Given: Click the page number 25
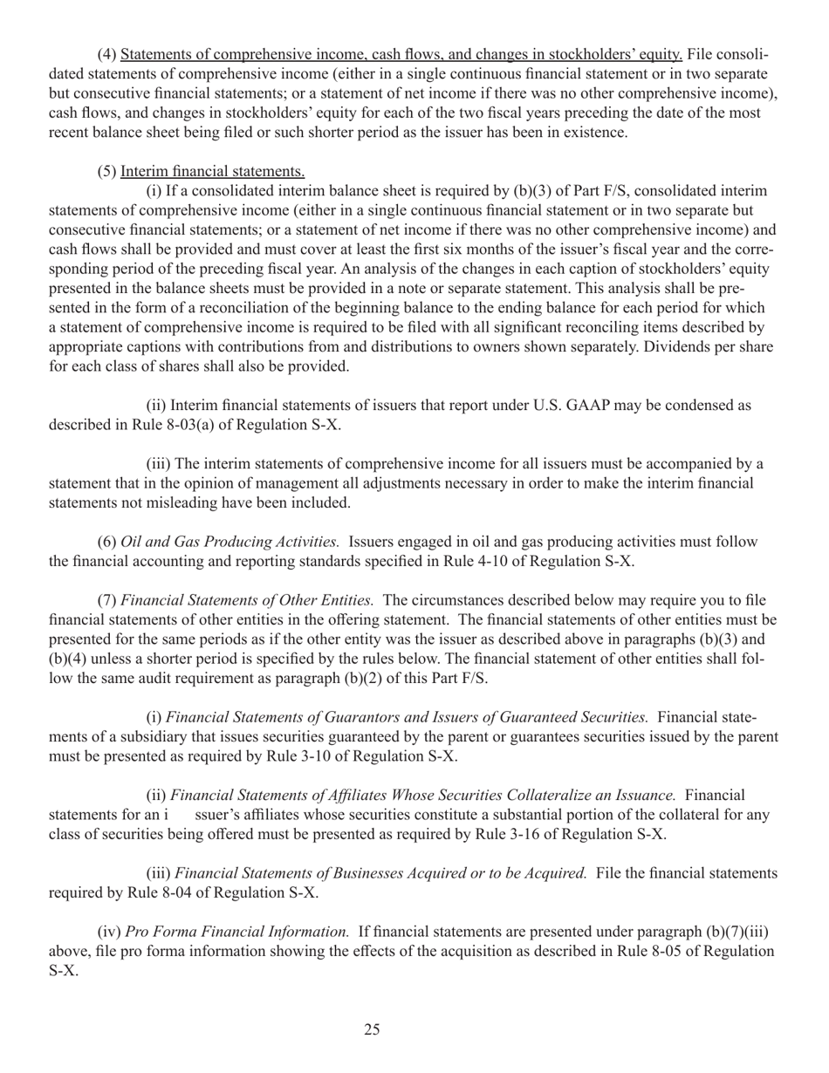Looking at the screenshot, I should point(372,1030).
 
